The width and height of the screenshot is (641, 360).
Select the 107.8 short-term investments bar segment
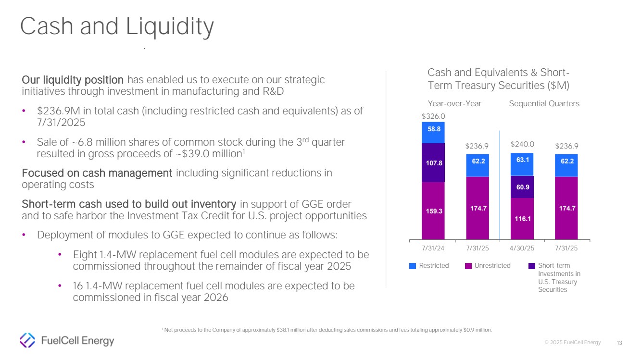433,162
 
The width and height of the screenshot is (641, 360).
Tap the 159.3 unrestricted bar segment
433,210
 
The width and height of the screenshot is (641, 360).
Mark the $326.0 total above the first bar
433,116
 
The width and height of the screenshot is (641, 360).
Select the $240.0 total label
522,144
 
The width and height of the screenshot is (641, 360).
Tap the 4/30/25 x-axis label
522,248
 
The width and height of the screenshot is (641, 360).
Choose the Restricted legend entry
429,265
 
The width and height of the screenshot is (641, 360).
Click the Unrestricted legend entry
488,265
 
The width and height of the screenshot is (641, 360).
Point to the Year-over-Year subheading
454,103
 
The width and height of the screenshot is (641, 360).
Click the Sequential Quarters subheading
544,103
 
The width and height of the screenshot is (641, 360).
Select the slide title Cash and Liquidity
117,27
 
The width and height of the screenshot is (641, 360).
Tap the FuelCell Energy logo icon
27,340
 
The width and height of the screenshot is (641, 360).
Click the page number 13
619,343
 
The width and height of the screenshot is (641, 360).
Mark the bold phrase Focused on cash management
97,173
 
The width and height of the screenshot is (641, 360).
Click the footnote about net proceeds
327,329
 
